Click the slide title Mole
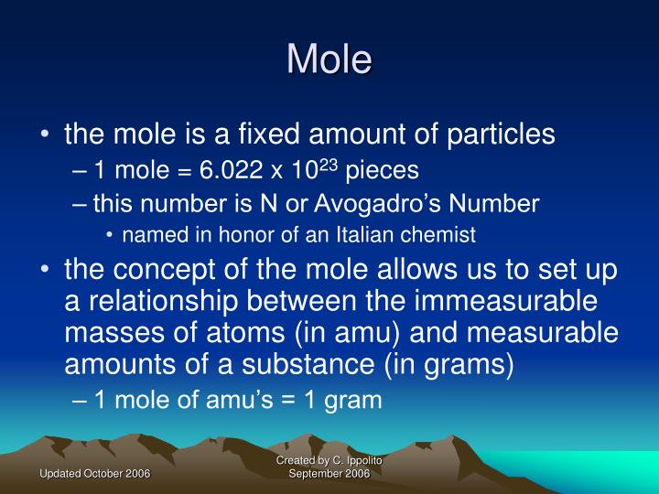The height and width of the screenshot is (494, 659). pos(329,59)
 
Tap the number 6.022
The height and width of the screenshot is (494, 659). pos(232,170)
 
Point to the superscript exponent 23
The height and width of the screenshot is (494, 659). pos(329,165)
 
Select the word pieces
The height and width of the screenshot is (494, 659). pos(382,171)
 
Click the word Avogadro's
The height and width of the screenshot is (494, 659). pos(377,204)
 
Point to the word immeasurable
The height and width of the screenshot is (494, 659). pos(505,301)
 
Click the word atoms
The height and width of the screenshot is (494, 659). pos(245,333)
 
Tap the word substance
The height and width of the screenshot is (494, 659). pos(308,364)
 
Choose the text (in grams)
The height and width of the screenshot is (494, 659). pos(448,365)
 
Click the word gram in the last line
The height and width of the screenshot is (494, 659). pos(353,401)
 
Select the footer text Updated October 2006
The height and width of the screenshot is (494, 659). pos(95,474)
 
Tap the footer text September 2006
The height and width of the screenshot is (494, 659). pos(329,474)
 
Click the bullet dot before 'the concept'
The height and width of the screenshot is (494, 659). pos(46,269)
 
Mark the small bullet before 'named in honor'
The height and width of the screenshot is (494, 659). pos(109,235)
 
